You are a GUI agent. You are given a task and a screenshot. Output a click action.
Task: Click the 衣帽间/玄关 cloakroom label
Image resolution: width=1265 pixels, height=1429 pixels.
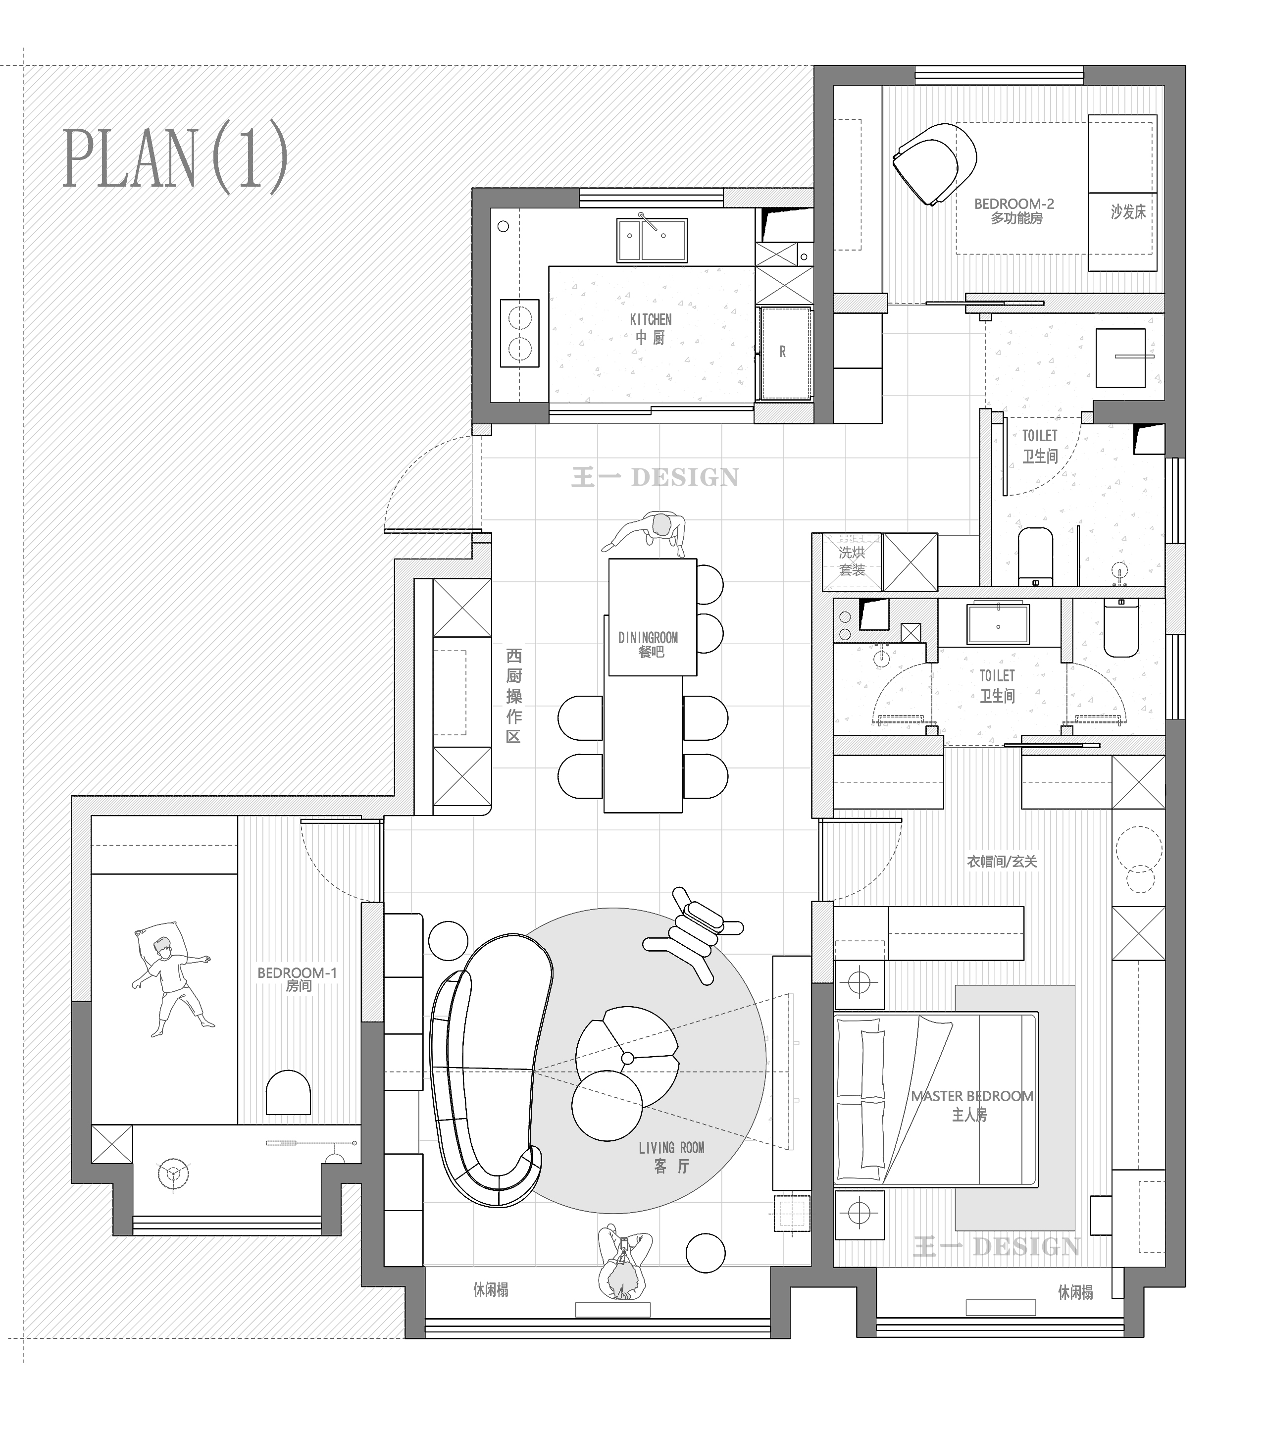click(1002, 862)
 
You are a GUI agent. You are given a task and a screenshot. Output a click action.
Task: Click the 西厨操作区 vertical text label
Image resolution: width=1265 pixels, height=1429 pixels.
click(514, 696)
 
